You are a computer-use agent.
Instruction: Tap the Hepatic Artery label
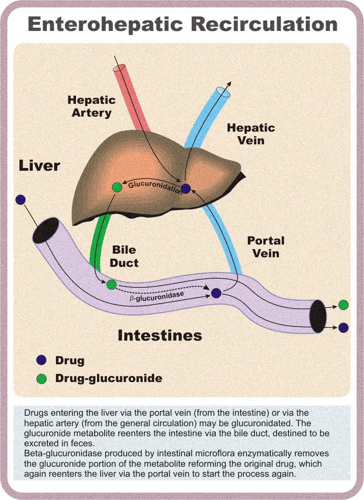[91, 106]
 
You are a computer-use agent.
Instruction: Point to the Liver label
[39, 165]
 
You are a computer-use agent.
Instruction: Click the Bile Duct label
[124, 256]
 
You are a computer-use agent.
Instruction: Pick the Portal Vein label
[266, 246]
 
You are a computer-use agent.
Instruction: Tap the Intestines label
[160, 336]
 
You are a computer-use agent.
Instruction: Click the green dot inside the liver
[117, 187]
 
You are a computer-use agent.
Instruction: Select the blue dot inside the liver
[186, 189]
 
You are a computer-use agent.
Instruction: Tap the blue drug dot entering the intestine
[20, 199]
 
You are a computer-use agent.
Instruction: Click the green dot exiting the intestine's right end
[344, 305]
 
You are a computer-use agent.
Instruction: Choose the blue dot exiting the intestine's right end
[344, 327]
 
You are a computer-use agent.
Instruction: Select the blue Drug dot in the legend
[41, 360]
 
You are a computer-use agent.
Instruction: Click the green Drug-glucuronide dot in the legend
[41, 378]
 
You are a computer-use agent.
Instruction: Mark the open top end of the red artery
[119, 68]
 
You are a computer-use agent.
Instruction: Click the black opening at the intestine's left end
[46, 230]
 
